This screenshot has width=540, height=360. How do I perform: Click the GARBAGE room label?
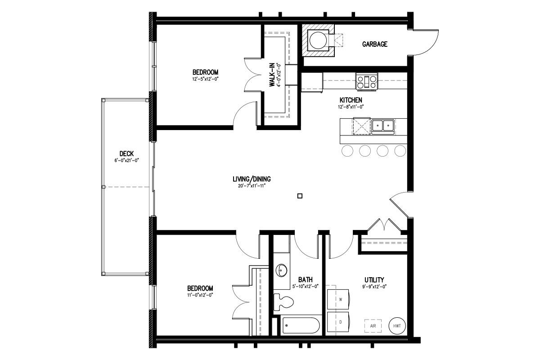pos(374,44)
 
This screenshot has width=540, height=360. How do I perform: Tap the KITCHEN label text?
pos(351,100)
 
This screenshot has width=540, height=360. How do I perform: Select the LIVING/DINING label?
pos(252,179)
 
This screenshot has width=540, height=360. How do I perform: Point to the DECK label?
pos(126,153)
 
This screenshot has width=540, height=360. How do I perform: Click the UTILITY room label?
pos(374,280)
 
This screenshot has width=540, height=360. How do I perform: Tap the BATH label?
pos(306,280)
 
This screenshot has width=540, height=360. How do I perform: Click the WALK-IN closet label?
pos(272,75)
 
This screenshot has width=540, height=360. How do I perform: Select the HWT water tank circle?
pos(397,326)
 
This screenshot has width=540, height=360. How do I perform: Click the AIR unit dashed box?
pos(373,326)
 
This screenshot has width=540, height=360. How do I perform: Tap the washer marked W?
pos(338,300)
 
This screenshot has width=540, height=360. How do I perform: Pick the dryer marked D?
pos(338,322)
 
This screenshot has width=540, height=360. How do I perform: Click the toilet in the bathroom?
pos(283,302)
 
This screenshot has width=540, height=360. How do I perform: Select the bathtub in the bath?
pos(301,325)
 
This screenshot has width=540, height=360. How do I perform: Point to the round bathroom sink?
pos(281,270)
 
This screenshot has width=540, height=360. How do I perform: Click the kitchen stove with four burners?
pos(367,82)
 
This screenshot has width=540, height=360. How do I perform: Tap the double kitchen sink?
pos(383,126)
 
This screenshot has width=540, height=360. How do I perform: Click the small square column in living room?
pos(300,196)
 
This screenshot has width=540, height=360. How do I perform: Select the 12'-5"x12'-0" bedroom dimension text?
pos(205,79)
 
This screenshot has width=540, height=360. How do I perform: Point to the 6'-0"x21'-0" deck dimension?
pos(127,160)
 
